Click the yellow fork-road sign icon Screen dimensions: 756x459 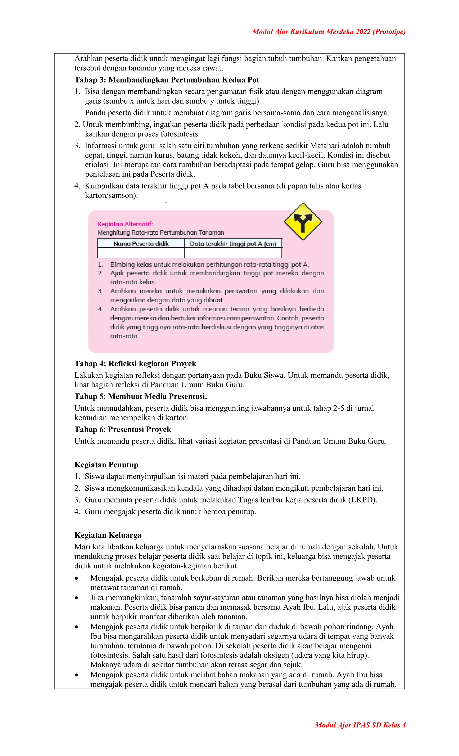coord(303,221)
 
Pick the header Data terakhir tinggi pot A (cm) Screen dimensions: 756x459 coord(233,244)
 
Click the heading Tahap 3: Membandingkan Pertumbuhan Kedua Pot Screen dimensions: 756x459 coord(167,80)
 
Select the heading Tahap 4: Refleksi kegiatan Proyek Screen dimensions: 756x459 coord(135,364)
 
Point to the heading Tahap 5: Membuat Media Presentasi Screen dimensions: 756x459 coord(141,396)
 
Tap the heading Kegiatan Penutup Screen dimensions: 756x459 coord(106,465)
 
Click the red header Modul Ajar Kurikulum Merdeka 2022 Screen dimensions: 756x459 coord(329,32)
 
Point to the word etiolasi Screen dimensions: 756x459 coord(97,165)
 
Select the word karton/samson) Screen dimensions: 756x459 coord(111,195)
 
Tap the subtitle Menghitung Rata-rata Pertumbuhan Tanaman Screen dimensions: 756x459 coord(161,233)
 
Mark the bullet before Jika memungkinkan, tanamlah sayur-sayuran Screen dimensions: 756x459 coord(76,598)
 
